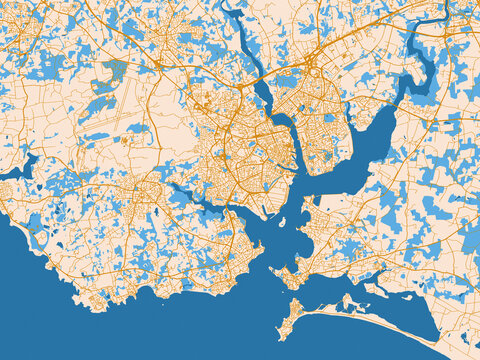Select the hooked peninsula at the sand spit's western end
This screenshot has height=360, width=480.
click(292, 318)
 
